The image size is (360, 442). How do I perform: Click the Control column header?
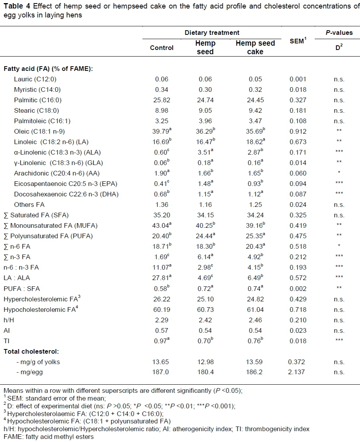(x=162, y=48)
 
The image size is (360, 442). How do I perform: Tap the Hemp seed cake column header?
(x=255, y=48)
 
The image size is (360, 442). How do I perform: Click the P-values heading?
(x=339, y=33)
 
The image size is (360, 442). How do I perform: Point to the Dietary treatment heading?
(x=212, y=33)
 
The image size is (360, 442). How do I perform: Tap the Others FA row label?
(x=29, y=205)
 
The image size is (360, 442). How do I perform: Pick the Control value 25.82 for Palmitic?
(x=162, y=100)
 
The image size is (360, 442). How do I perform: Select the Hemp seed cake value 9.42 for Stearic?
(x=255, y=110)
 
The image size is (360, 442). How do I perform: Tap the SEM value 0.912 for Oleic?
(x=297, y=131)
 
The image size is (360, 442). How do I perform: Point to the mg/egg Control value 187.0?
(x=162, y=372)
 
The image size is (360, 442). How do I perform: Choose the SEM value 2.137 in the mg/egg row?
(x=297, y=372)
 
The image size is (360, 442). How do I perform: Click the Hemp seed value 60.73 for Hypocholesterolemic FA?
(x=205, y=309)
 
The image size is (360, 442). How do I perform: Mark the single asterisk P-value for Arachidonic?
(x=339, y=173)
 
